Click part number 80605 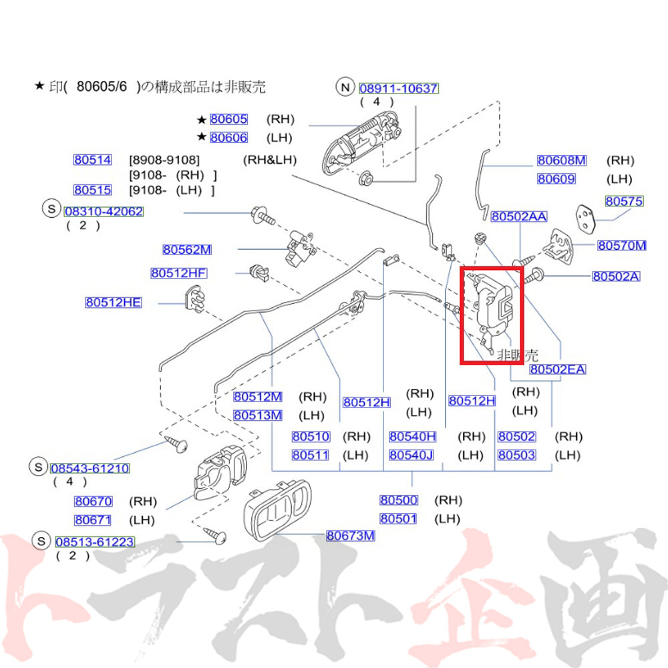pyautogui.click(x=228, y=120)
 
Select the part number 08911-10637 pyautogui.click(x=399, y=89)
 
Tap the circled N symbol pyautogui.click(x=345, y=88)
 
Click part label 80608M pyautogui.click(x=562, y=160)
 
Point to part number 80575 pyautogui.click(x=624, y=201)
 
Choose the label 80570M pyautogui.click(x=621, y=245)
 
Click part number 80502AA pyautogui.click(x=519, y=216)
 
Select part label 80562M pyautogui.click(x=187, y=250)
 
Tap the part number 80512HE pyautogui.click(x=114, y=303)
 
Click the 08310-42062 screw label pyautogui.click(x=104, y=212)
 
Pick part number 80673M pyautogui.click(x=351, y=536)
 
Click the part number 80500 pyautogui.click(x=399, y=500)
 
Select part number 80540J pyautogui.click(x=411, y=456)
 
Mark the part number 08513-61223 pyautogui.click(x=95, y=542)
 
